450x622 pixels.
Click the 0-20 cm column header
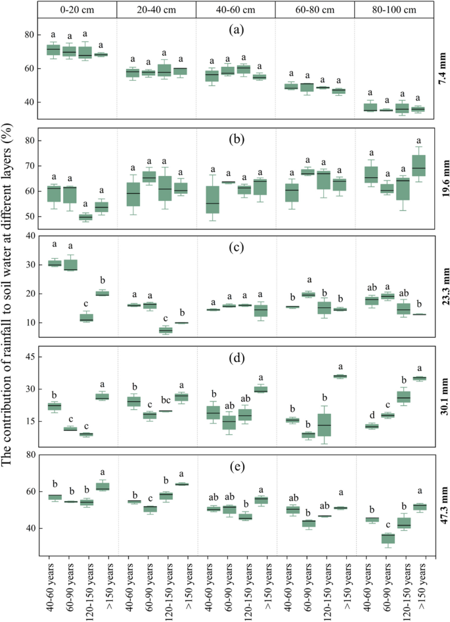coord(76,9)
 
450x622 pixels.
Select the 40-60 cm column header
coord(235,9)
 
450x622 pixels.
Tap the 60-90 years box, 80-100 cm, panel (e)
coord(388,539)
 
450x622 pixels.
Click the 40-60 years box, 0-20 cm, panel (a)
coord(54,50)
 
